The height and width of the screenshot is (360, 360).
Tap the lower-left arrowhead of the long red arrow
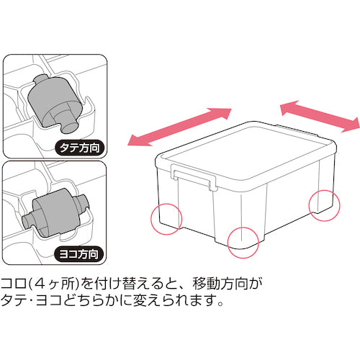pyautogui.click(x=134, y=141)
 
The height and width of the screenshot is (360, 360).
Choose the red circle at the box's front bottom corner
pyautogui.click(x=243, y=240)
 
